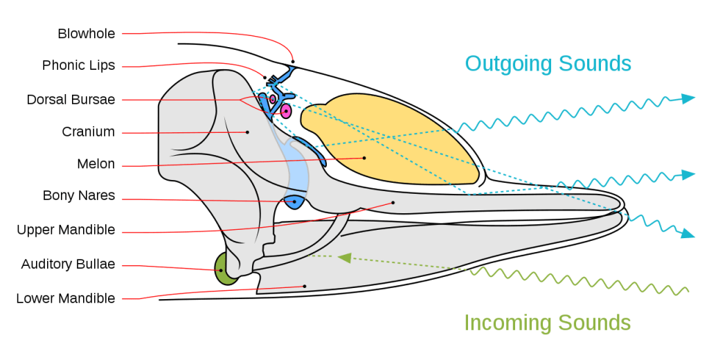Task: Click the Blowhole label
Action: [87, 33]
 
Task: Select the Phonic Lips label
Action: [78, 66]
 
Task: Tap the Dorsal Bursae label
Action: [71, 99]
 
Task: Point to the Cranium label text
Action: [88, 132]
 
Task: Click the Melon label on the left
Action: [96, 165]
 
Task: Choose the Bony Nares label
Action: [79, 197]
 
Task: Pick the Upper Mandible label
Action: [66, 230]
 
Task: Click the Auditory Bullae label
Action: [68, 264]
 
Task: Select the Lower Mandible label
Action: [66, 298]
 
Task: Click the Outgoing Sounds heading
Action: [548, 64]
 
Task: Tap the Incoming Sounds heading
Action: [547, 323]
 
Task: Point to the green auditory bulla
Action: [223, 270]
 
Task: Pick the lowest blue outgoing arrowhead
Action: [688, 234]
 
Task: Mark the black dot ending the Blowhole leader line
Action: [293, 62]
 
